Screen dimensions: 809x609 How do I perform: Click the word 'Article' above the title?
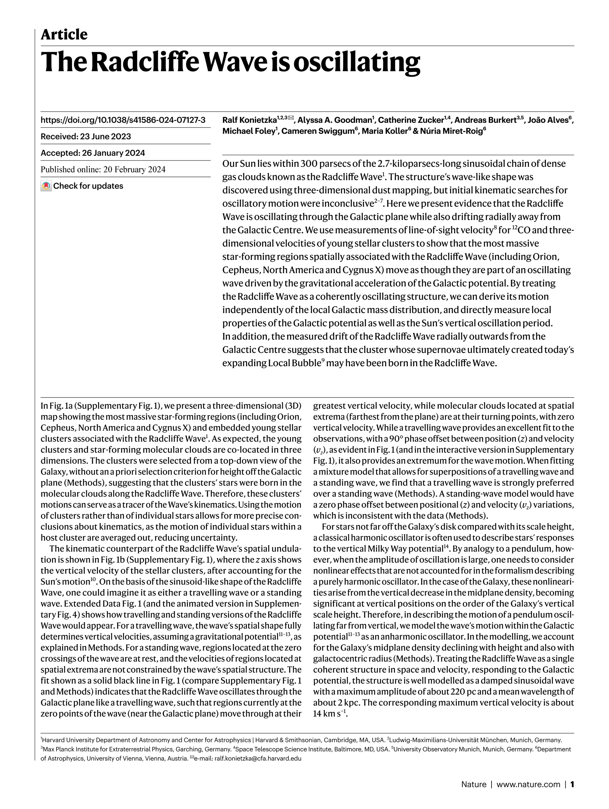tap(64, 35)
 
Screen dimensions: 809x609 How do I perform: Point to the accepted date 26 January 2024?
tap(113, 153)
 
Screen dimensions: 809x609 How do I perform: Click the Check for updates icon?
tap(46, 186)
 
